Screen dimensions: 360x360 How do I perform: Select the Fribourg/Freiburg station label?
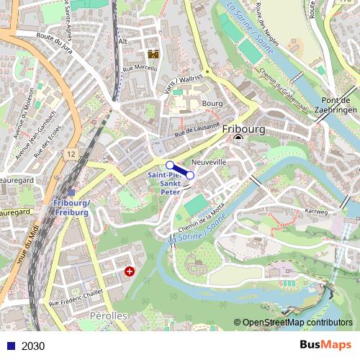coord(71,208)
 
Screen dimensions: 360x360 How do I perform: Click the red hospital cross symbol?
coord(130,271)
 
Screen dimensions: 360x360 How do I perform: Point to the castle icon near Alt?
coord(153,54)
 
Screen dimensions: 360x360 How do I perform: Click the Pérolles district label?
coord(108,317)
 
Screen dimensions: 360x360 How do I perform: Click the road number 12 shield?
coord(70,154)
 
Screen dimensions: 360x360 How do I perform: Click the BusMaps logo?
coord(330,346)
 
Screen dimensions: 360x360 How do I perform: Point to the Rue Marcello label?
coord(140,68)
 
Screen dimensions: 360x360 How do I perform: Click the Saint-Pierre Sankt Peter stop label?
coord(164,184)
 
